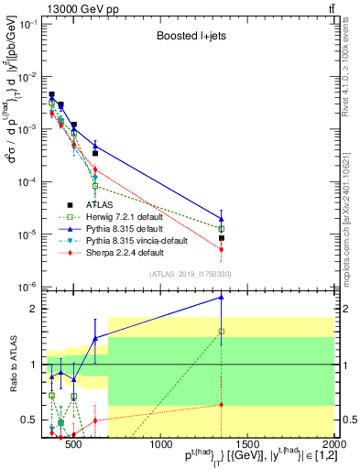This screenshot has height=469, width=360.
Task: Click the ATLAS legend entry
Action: [98, 206]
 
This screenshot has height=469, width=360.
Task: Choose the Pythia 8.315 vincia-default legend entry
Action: [135, 240]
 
